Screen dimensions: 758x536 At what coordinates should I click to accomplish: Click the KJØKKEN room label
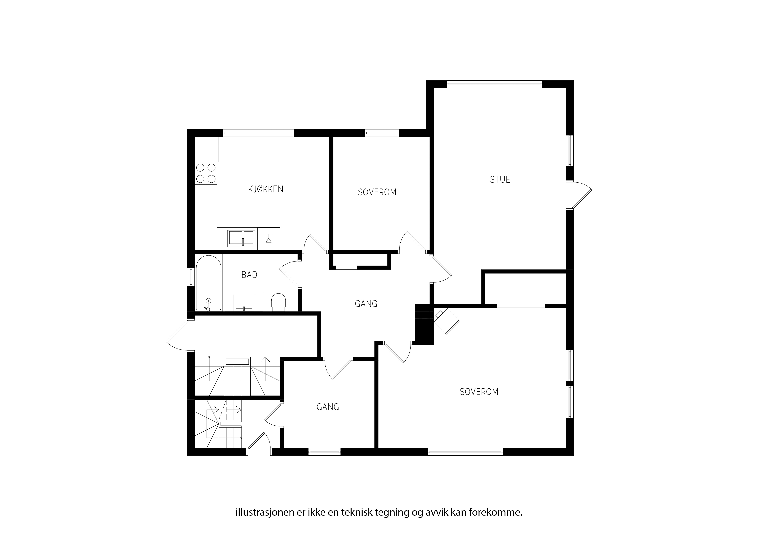click(266, 189)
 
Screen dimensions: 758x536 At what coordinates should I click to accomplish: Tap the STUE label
click(500, 180)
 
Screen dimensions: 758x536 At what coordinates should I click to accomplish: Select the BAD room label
click(249, 275)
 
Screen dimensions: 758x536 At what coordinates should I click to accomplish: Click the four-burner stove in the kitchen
click(206, 173)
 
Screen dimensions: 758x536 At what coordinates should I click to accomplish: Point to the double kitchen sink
click(241, 238)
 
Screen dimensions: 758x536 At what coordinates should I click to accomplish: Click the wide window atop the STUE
click(495, 84)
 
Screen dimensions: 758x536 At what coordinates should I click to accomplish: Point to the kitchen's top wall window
click(258, 133)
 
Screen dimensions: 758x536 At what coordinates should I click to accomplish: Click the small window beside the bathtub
click(191, 277)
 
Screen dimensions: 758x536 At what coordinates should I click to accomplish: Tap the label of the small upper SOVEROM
click(377, 192)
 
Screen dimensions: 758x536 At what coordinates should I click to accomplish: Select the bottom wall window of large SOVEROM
click(465, 452)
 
